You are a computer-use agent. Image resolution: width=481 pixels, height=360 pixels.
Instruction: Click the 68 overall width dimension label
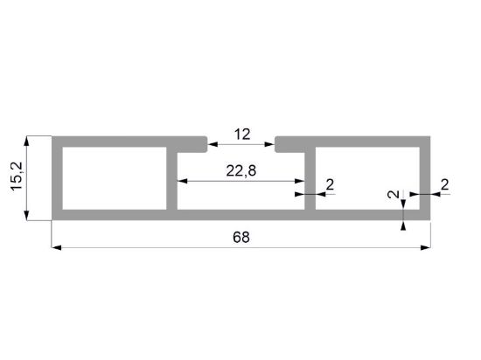[241, 238]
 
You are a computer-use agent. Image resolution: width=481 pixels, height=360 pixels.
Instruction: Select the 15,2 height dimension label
[17, 177]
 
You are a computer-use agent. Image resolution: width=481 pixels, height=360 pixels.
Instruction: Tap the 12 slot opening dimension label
[242, 135]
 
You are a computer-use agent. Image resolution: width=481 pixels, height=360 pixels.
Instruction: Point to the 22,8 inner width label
[241, 170]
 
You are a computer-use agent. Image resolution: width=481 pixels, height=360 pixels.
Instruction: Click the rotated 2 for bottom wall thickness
[394, 194]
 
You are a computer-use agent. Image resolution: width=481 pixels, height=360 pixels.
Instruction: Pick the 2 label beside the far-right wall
[445, 184]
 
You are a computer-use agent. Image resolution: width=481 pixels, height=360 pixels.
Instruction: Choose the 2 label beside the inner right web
[330, 184]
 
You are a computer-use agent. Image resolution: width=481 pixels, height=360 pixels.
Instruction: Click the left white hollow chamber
[115, 178]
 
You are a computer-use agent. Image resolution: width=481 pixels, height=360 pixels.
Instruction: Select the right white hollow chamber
[367, 178]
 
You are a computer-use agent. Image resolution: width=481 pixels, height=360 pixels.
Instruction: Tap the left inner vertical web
[171, 178]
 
